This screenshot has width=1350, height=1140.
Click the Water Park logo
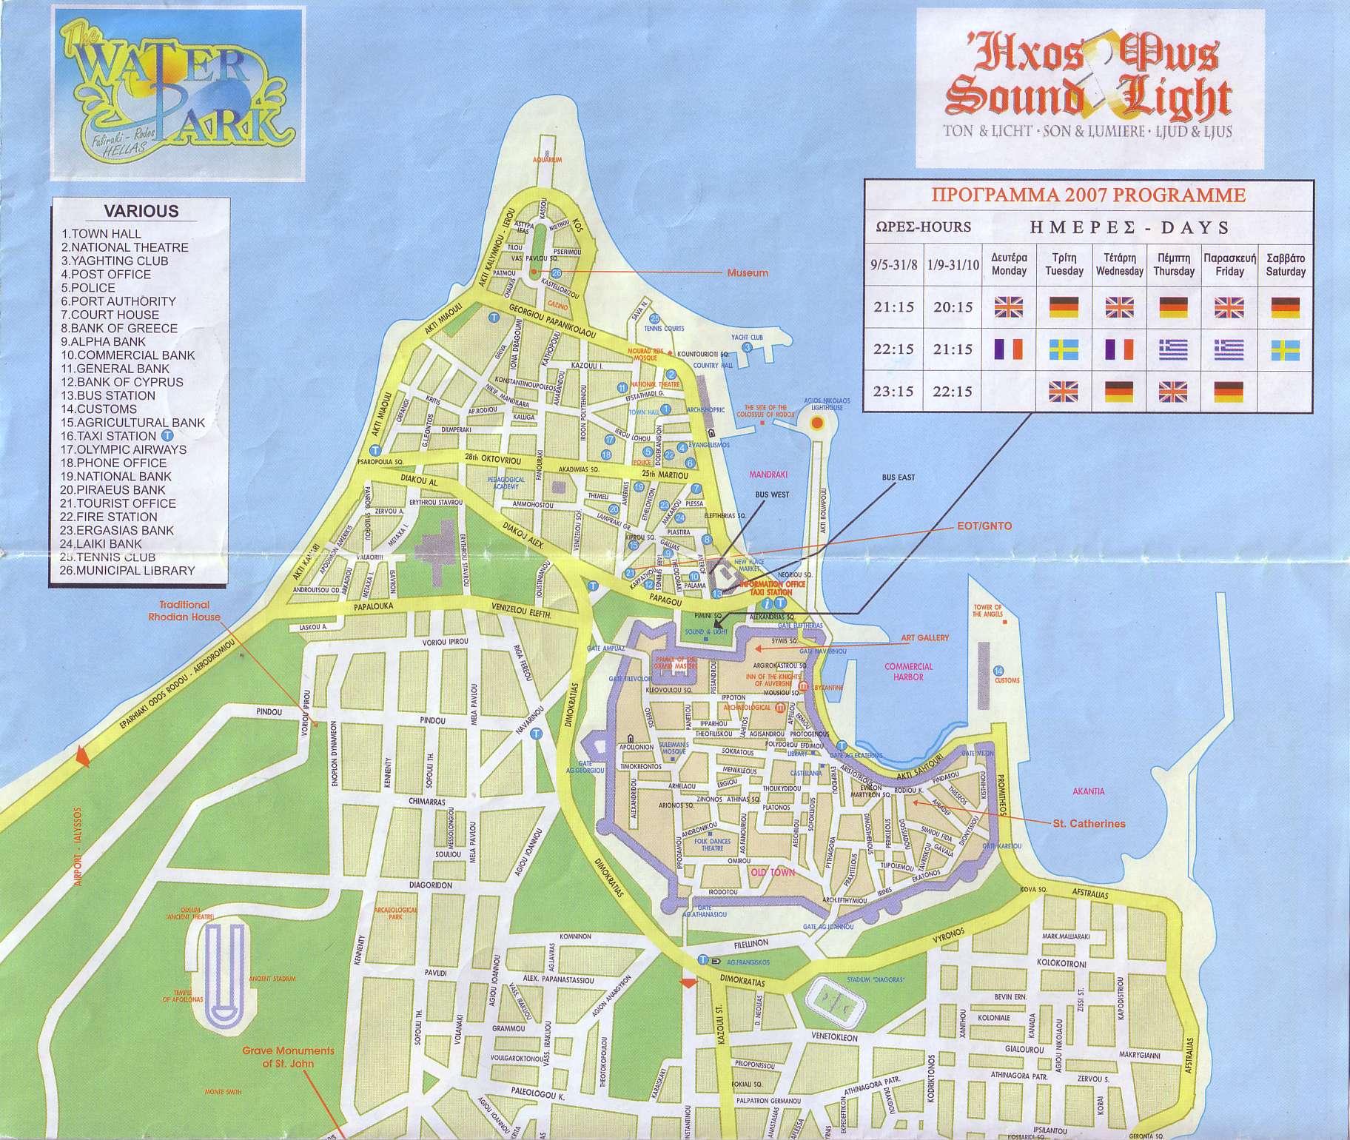pyautogui.click(x=178, y=93)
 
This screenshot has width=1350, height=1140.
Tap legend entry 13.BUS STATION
pyautogui.click(x=108, y=395)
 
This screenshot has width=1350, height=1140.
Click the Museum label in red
pyautogui.click(x=747, y=273)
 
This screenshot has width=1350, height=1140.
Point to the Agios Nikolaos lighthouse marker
pyautogui.click(x=817, y=423)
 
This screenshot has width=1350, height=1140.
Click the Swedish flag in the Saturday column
pyautogui.click(x=1286, y=349)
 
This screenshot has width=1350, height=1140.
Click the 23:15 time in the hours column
pyautogui.click(x=893, y=392)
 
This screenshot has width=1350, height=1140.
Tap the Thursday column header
pyautogui.click(x=1173, y=264)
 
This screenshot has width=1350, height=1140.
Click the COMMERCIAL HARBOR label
pyautogui.click(x=908, y=671)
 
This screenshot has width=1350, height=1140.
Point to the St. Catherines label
pyautogui.click(x=1089, y=823)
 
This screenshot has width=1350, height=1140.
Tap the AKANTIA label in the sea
pyautogui.click(x=1088, y=791)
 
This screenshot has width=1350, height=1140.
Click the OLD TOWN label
pyautogui.click(x=773, y=872)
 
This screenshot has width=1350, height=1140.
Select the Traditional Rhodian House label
pyautogui.click(x=184, y=611)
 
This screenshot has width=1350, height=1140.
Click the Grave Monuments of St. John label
pyautogui.click(x=289, y=1057)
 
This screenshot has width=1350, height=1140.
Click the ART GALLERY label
pyautogui.click(x=924, y=637)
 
